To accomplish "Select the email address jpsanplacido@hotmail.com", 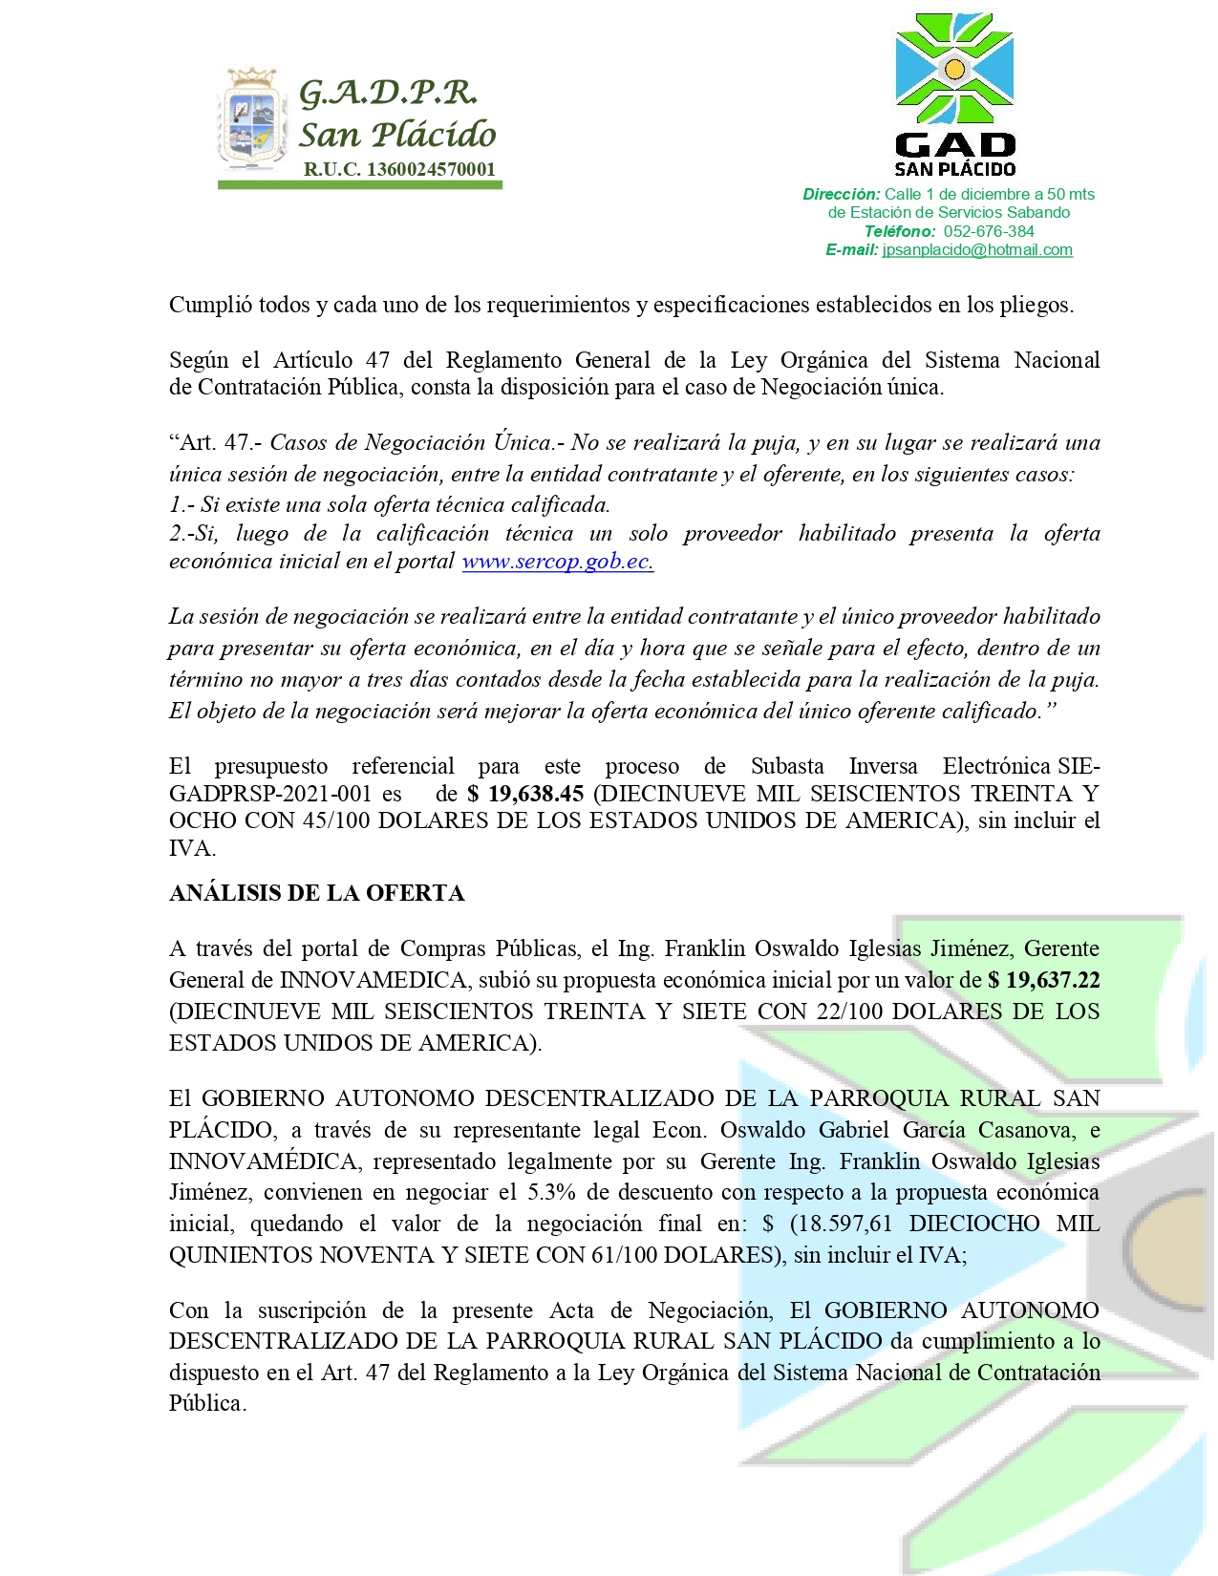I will coord(977,250).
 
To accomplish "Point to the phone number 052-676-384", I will coord(989,231).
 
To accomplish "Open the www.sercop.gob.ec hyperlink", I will coord(557,562).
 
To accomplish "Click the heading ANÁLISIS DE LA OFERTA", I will coord(316,893).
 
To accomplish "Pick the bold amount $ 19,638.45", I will coord(525,794).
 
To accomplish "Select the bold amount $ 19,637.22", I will coord(1044,980).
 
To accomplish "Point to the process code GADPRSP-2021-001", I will coord(270,794).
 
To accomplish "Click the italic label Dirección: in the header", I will coord(841,195).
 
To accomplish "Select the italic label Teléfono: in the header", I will coord(900,231).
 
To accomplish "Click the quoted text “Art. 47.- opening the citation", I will coord(215,443).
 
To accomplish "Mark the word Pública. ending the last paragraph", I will coord(207,1403).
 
